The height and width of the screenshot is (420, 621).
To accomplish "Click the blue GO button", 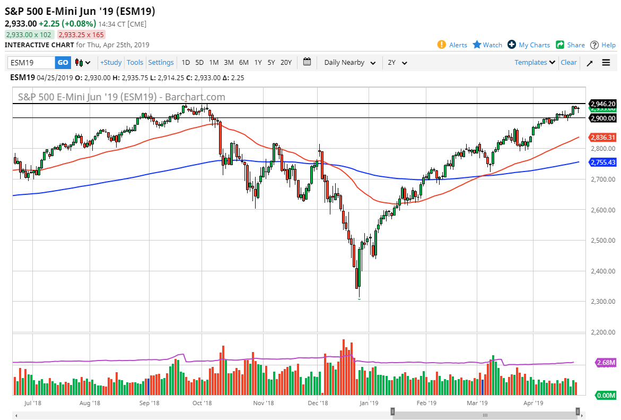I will click(x=63, y=63).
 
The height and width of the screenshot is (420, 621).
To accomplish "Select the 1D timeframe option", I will click(x=186, y=63).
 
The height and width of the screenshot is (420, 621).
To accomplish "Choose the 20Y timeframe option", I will click(x=286, y=63).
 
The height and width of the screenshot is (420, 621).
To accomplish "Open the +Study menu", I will click(x=111, y=63).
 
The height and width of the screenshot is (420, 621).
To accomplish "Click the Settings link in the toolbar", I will click(x=161, y=63).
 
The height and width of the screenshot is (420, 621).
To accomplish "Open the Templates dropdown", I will click(x=535, y=63).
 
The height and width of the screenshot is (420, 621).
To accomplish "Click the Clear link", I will click(x=568, y=63).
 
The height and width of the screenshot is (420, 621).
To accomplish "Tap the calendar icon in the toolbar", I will click(x=307, y=62).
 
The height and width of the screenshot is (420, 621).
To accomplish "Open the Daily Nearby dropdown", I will click(x=349, y=63).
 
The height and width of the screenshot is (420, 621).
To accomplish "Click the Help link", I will click(x=603, y=45).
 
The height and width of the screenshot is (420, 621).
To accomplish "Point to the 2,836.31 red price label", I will click(x=603, y=138).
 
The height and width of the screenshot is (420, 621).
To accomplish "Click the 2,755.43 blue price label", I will click(x=603, y=162).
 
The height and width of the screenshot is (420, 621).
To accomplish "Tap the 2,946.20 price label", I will click(x=603, y=104).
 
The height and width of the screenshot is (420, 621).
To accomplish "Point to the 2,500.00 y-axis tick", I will click(x=603, y=241).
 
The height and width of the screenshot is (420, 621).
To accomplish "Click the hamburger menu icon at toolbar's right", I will click(x=606, y=63).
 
